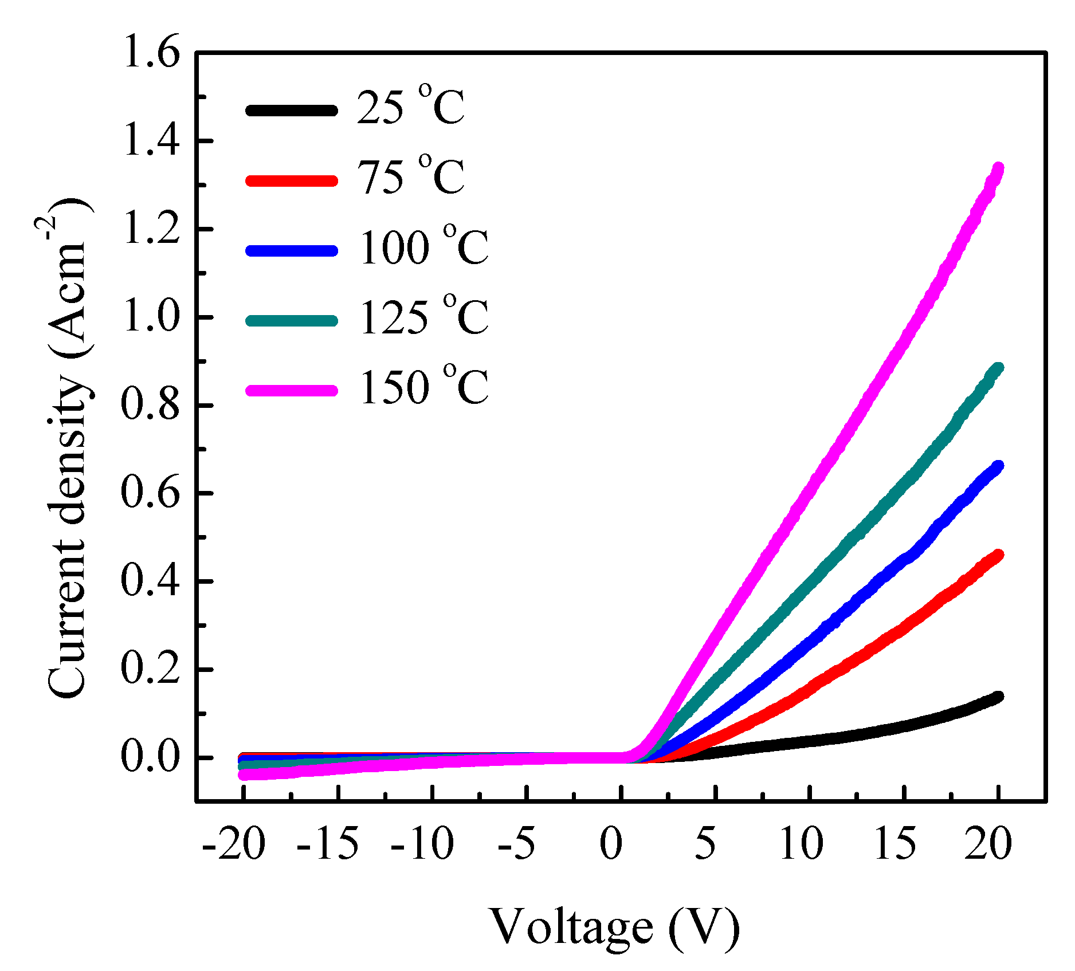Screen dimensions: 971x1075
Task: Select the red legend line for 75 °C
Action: [x=291, y=180]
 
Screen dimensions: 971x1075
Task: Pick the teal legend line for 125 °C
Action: [x=291, y=320]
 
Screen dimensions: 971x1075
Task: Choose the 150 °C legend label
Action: [x=423, y=387]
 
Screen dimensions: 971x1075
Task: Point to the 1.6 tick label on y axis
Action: [x=150, y=53]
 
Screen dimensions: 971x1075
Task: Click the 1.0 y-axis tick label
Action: [x=150, y=317]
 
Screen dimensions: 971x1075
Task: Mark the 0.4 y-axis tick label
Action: [x=150, y=581]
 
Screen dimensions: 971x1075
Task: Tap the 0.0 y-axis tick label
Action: [x=150, y=757]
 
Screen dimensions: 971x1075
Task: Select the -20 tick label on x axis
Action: [x=234, y=844]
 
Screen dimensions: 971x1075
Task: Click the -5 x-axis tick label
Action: [x=517, y=844]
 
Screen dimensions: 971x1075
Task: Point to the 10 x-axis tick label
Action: [x=801, y=844]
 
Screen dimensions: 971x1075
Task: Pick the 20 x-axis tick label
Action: [x=988, y=844]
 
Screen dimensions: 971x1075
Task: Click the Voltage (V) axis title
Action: [x=615, y=926]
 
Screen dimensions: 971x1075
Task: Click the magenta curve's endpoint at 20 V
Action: [x=998, y=168]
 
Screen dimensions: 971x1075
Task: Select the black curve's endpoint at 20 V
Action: [x=998, y=697]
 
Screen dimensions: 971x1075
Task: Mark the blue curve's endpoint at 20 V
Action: [x=998, y=466]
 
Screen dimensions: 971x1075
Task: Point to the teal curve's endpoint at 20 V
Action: [x=998, y=368]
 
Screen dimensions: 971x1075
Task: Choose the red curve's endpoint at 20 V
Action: [x=998, y=555]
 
